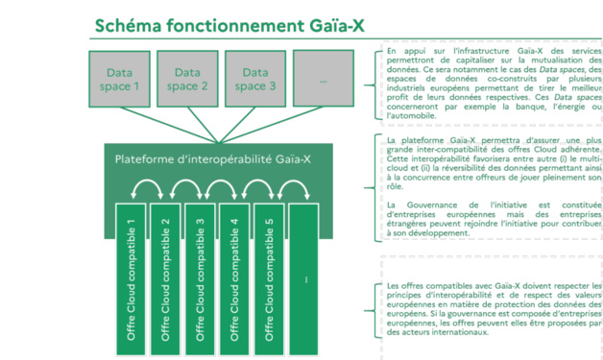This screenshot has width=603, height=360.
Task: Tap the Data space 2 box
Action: pyautogui.click(x=188, y=79)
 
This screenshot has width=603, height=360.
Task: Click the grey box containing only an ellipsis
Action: pyautogui.click(x=324, y=79)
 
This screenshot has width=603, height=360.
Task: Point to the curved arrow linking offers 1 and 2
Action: pyautogui.click(x=148, y=195)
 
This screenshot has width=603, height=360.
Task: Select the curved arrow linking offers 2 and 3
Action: pyautogui.click(x=182, y=195)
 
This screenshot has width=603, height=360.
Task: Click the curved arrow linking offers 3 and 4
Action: pyautogui.click(x=217, y=195)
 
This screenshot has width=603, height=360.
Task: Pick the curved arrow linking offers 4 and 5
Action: pyautogui.click(x=252, y=195)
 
